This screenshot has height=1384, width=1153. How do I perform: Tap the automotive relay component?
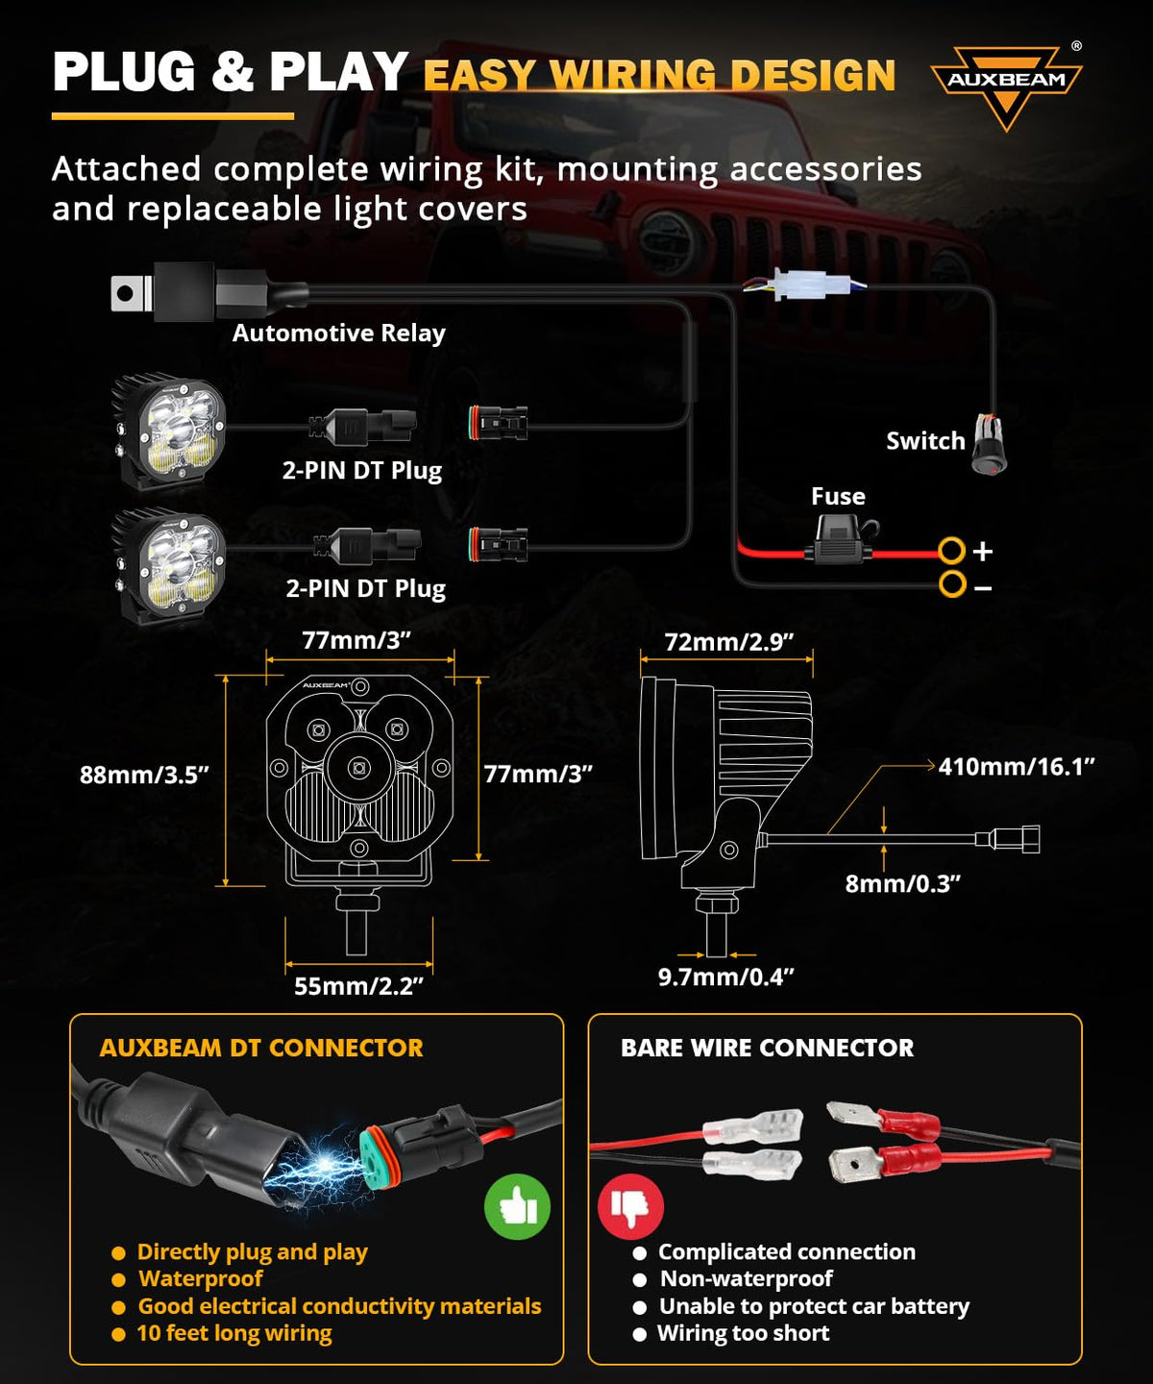pyautogui.click(x=209, y=291)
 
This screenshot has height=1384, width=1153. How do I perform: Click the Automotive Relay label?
pyautogui.click(x=338, y=333)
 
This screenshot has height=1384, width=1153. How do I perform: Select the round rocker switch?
pyautogui.click(x=990, y=443)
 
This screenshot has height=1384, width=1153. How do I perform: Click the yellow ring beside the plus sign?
pyautogui.click(x=951, y=550)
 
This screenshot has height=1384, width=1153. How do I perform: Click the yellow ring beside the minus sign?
pyautogui.click(x=952, y=584)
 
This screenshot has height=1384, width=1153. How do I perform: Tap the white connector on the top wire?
pyautogui.click(x=804, y=284)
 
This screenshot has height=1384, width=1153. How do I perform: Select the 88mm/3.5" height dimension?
pyautogui.click(x=144, y=775)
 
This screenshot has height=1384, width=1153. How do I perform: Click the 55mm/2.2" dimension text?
pyautogui.click(x=358, y=986)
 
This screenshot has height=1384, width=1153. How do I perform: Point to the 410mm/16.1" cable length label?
pyautogui.click(x=1017, y=766)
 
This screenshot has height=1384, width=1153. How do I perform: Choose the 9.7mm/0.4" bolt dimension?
pyautogui.click(x=725, y=976)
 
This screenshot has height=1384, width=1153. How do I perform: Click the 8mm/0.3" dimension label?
pyautogui.click(x=902, y=883)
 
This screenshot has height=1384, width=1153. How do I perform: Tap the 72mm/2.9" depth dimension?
pyautogui.click(x=729, y=642)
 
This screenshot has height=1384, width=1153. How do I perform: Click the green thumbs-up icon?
pyautogui.click(x=518, y=1206)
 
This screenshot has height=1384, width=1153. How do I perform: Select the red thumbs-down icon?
pyautogui.click(x=631, y=1206)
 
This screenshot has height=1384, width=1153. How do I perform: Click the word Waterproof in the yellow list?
pyautogui.click(x=201, y=1278)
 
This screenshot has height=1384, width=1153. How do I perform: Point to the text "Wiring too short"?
pyautogui.click(x=743, y=1333)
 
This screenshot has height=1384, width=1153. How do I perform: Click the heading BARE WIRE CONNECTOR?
pyautogui.click(x=768, y=1048)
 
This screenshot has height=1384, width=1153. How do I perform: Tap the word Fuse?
pyautogui.click(x=838, y=497)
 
